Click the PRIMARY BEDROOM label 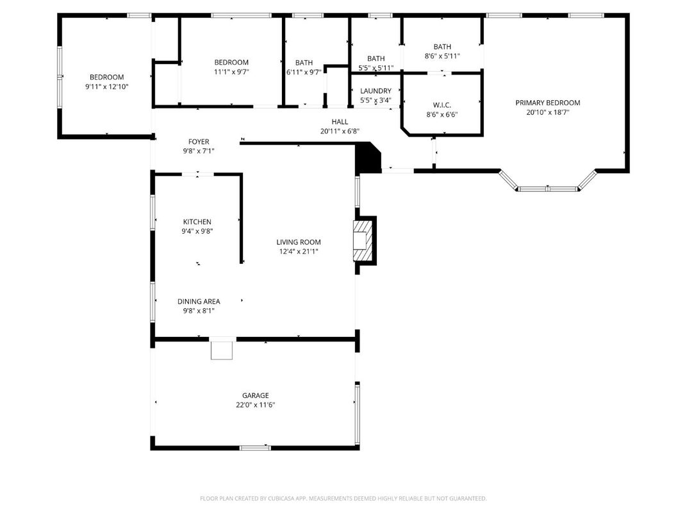tap(548, 103)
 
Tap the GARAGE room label tap(255, 395)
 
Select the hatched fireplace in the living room tap(362, 241)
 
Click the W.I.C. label tap(442, 105)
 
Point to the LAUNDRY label tap(376, 91)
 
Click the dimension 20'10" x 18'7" tap(548, 112)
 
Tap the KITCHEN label tap(197, 222)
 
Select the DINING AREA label tap(199, 302)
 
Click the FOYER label tap(199, 142)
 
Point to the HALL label tap(340, 121)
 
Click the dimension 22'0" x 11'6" tap(255, 405)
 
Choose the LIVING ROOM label tap(299, 242)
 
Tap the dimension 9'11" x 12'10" tap(107, 86)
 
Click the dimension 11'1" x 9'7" tap(231, 72)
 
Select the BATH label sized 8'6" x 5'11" tap(442, 46)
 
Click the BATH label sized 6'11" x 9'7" tap(304, 62)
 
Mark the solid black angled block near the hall tap(367, 159)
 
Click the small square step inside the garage tap(222, 350)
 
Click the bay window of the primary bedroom tap(548, 187)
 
